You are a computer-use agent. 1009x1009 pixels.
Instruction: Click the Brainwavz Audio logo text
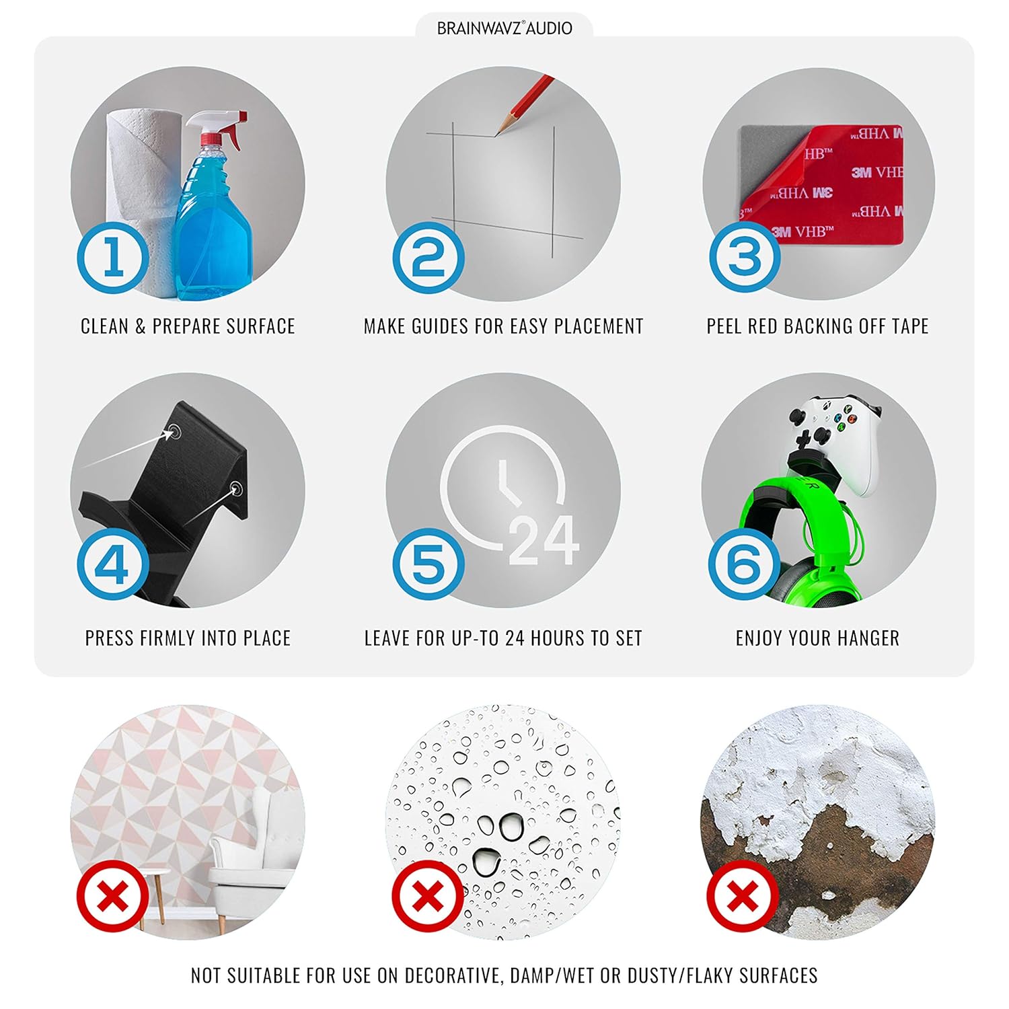pyautogui.click(x=504, y=28)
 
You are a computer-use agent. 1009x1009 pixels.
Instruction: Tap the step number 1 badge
pyautogui.click(x=112, y=258)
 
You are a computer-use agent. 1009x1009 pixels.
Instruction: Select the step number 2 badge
pyautogui.click(x=428, y=258)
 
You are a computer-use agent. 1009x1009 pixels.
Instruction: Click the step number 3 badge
pyautogui.click(x=745, y=258)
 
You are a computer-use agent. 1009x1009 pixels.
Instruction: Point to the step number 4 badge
pyautogui.click(x=112, y=564)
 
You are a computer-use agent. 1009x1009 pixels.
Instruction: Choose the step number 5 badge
pyautogui.click(x=428, y=564)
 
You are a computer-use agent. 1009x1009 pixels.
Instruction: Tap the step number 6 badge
pyautogui.click(x=745, y=564)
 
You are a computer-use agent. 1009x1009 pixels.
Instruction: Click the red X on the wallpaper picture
pyautogui.click(x=112, y=896)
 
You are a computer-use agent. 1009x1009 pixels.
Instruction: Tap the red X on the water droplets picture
pyautogui.click(x=428, y=896)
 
